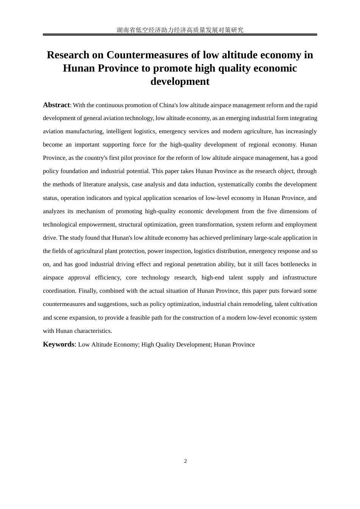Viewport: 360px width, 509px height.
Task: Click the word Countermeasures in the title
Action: tap(147, 55)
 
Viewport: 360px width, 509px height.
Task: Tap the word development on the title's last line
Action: tap(180, 81)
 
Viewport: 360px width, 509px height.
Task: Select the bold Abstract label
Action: tap(56, 105)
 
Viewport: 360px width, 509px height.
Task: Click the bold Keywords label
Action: tap(59, 344)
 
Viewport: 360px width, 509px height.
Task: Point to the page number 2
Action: tap(185, 461)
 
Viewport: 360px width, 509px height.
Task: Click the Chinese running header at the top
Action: tap(180, 30)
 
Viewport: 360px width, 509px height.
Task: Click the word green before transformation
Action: tap(186, 225)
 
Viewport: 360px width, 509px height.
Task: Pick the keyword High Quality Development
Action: tap(176, 345)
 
